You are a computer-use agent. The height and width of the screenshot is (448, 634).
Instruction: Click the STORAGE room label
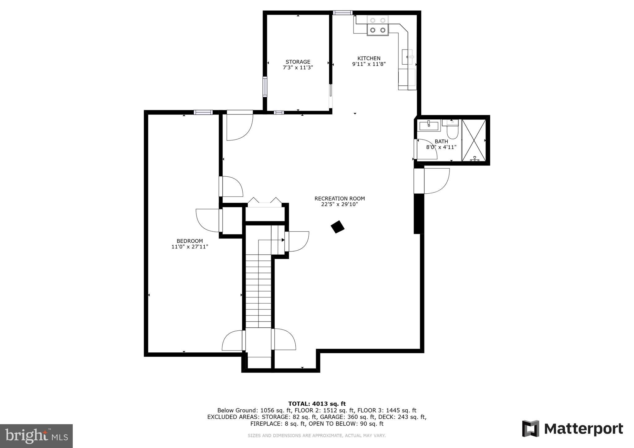298,62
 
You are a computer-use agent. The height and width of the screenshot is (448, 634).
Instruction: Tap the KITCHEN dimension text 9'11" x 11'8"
369,64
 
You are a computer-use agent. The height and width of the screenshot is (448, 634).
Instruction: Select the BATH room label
441,141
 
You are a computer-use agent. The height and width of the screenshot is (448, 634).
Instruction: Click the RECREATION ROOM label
340,199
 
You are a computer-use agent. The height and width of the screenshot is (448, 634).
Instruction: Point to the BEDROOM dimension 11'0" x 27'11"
190,247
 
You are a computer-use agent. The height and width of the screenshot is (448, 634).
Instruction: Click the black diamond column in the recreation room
337,227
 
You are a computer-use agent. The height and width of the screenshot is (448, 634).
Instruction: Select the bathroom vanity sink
429,126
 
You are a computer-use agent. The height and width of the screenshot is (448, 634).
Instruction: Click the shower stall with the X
474,140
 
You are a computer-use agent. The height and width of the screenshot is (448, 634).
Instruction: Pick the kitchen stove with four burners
378,25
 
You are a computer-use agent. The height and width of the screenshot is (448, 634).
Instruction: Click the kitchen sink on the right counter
407,57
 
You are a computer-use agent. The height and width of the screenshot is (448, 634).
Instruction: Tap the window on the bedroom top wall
203,112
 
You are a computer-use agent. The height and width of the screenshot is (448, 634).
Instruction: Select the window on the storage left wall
265,86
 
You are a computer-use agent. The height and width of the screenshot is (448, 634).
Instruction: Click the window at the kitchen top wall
343,13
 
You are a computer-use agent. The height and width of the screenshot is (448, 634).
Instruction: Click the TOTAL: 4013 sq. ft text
317,403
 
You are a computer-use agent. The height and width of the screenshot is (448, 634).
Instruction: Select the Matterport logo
572,429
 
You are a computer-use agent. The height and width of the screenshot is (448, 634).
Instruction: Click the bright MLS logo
36,436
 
